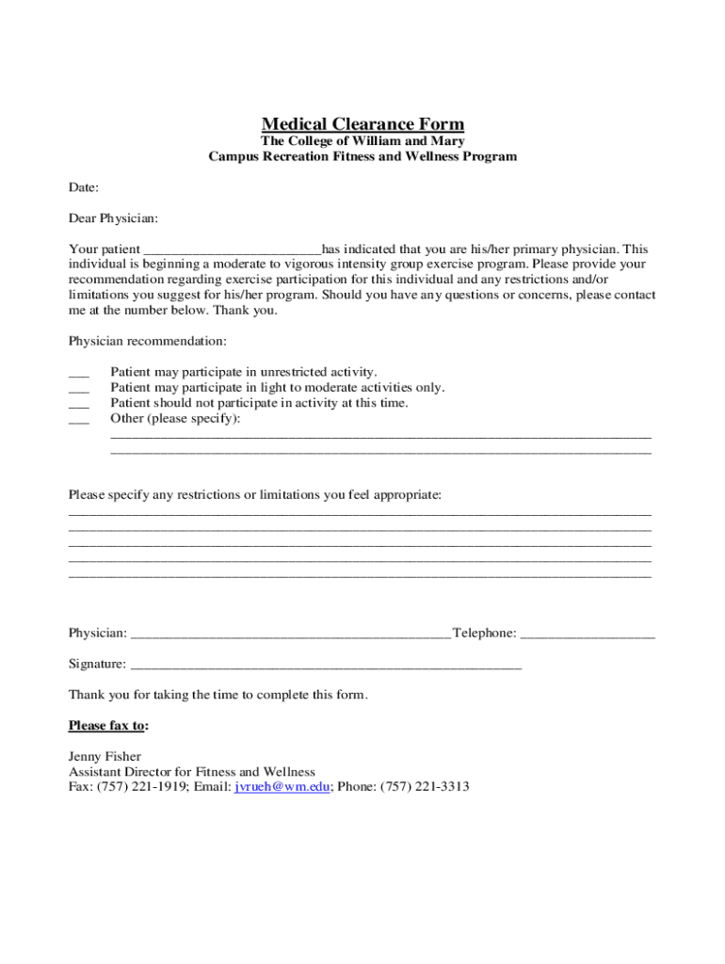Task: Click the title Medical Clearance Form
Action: point(362,124)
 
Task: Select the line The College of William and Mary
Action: point(362,141)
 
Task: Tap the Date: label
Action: point(84,188)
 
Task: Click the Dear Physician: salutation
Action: point(113,218)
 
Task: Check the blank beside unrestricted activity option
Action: point(79,374)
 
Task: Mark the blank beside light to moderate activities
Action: point(79,389)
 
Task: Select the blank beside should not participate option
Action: point(79,404)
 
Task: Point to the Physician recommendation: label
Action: point(147,340)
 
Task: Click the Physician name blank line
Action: point(290,635)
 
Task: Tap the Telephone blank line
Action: point(587,635)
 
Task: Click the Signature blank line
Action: point(326,666)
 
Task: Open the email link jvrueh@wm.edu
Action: point(282,787)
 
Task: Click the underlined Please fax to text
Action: point(106,726)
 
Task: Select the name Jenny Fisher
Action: point(105,757)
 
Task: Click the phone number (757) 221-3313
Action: point(425,787)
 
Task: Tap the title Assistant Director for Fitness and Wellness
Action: point(192,772)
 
